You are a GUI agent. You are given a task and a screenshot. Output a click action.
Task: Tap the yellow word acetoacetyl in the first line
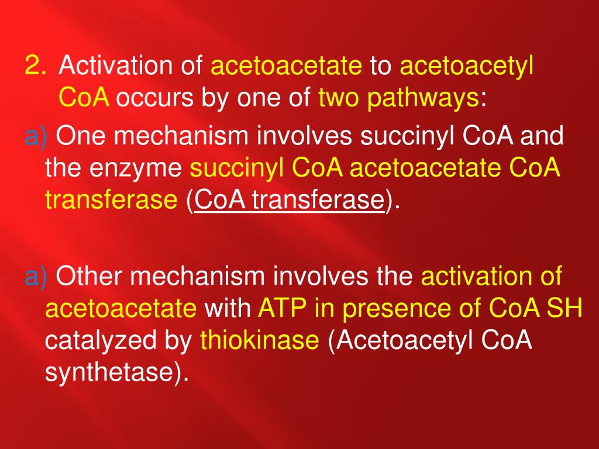point(466,67)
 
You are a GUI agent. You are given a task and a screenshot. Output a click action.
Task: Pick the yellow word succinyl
point(237,170)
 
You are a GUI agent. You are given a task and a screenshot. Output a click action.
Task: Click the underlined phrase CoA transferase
point(289,201)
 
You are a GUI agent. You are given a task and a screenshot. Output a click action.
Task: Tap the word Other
point(93,276)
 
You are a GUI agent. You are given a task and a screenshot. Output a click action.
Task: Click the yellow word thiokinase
point(260,340)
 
